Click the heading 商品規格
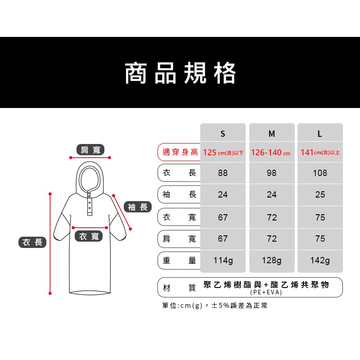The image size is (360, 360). point(180,73)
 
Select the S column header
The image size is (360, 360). point(223,134)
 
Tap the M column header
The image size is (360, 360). point(272,134)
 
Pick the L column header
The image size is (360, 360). point(319,134)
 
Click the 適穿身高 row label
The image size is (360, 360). point(180,152)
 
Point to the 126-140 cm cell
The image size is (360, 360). point(271,153)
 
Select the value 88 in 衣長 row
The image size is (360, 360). point(223,173)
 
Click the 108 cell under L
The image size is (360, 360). point(320,173)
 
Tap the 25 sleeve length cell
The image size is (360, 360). point(320,195)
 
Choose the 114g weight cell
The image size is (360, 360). point(223,261)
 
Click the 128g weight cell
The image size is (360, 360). point(272,261)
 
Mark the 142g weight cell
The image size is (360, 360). point(320,261)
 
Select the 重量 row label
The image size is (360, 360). point(179,261)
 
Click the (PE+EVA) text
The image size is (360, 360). point(266,292)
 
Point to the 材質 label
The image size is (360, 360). point(179,288)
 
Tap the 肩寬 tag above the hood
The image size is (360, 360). point(90,150)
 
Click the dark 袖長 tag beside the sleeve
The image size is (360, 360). point(138,207)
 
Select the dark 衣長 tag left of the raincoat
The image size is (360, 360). point(32,242)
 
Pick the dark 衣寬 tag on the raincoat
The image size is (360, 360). point(89,236)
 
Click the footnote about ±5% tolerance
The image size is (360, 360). point(215,306)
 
